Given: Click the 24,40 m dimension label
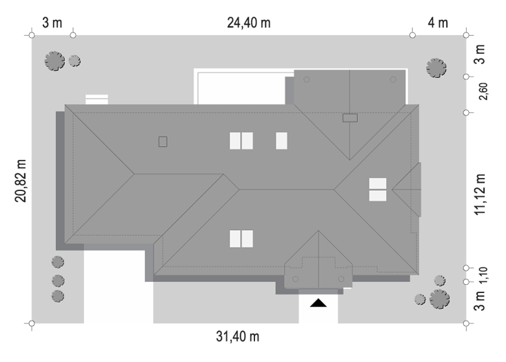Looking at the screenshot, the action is (248, 23).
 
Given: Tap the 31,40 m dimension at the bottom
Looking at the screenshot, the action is (238, 336).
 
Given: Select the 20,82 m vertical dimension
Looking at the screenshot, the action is (20, 181).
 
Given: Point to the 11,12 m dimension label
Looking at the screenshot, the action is (480, 194).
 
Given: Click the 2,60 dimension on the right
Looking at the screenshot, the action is (483, 92).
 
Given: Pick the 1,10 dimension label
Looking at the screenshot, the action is (483, 275).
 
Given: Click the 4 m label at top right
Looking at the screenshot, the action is (438, 23).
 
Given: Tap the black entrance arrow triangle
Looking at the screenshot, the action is (318, 303).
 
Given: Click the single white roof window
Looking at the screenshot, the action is (282, 141).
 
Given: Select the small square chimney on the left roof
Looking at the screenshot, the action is (163, 141).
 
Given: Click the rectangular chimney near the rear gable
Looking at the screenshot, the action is (350, 118).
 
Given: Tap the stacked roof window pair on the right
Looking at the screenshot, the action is (378, 190).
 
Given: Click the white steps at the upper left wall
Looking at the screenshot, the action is (97, 99).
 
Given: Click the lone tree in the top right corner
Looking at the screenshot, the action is (436, 68).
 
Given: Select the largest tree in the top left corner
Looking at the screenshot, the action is (54, 61).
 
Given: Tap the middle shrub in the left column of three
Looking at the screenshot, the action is (58, 281).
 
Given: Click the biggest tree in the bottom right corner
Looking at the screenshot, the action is (440, 299).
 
